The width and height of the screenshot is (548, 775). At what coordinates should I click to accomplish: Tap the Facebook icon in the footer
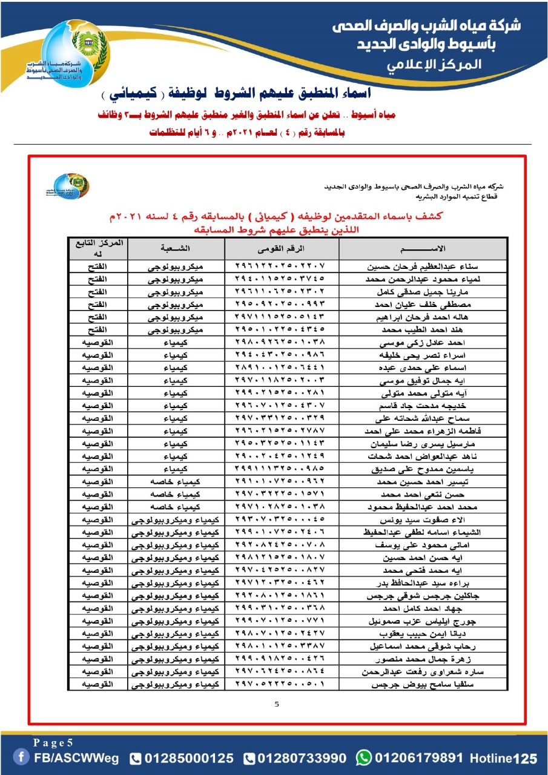[22, 757]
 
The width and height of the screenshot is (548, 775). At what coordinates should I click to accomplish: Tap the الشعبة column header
[175, 249]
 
